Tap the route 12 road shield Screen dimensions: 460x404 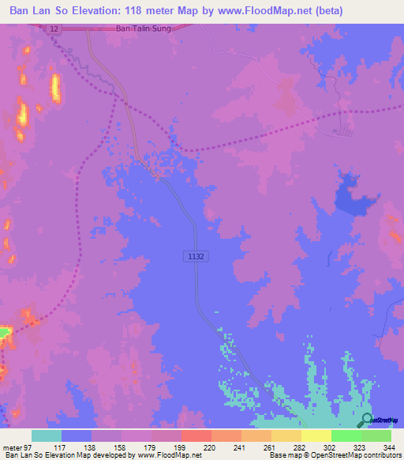point(53,28)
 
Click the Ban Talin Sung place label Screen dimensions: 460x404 point(143,28)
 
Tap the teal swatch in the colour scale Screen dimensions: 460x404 point(47,436)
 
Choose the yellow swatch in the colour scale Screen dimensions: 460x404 point(316,436)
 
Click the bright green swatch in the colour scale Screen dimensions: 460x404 point(346,436)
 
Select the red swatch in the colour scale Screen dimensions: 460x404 point(196,436)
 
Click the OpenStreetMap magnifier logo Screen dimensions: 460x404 point(367,420)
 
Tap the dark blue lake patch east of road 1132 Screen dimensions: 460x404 point(353,198)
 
